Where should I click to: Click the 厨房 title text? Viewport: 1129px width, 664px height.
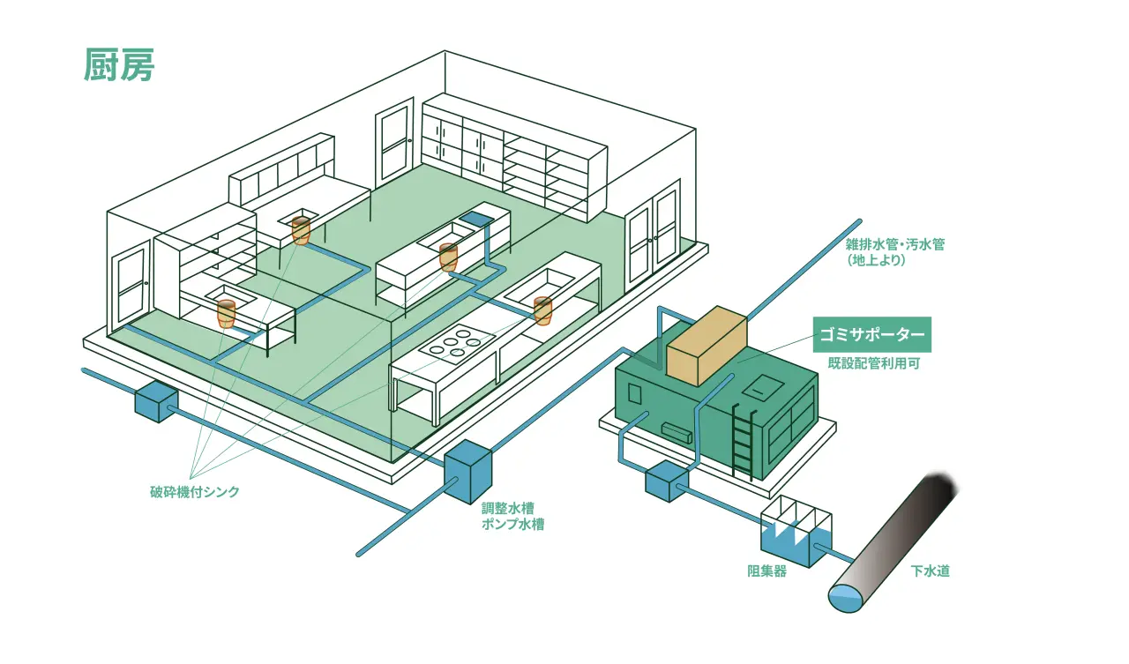click(x=120, y=65)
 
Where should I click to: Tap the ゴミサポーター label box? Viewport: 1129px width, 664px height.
click(x=871, y=334)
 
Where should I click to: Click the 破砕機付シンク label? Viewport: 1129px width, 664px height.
click(x=194, y=492)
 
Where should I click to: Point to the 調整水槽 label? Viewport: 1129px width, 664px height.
click(x=507, y=509)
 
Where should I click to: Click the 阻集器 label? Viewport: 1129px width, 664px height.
click(x=766, y=571)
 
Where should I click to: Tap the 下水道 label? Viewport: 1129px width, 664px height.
click(x=931, y=571)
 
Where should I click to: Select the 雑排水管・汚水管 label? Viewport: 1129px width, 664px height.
click(x=894, y=245)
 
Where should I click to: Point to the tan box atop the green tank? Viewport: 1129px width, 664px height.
click(x=707, y=346)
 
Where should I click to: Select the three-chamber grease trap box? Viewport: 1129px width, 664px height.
click(x=795, y=533)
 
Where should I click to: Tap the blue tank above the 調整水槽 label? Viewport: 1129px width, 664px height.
click(x=467, y=472)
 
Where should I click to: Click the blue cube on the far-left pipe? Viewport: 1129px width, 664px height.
click(x=156, y=400)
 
